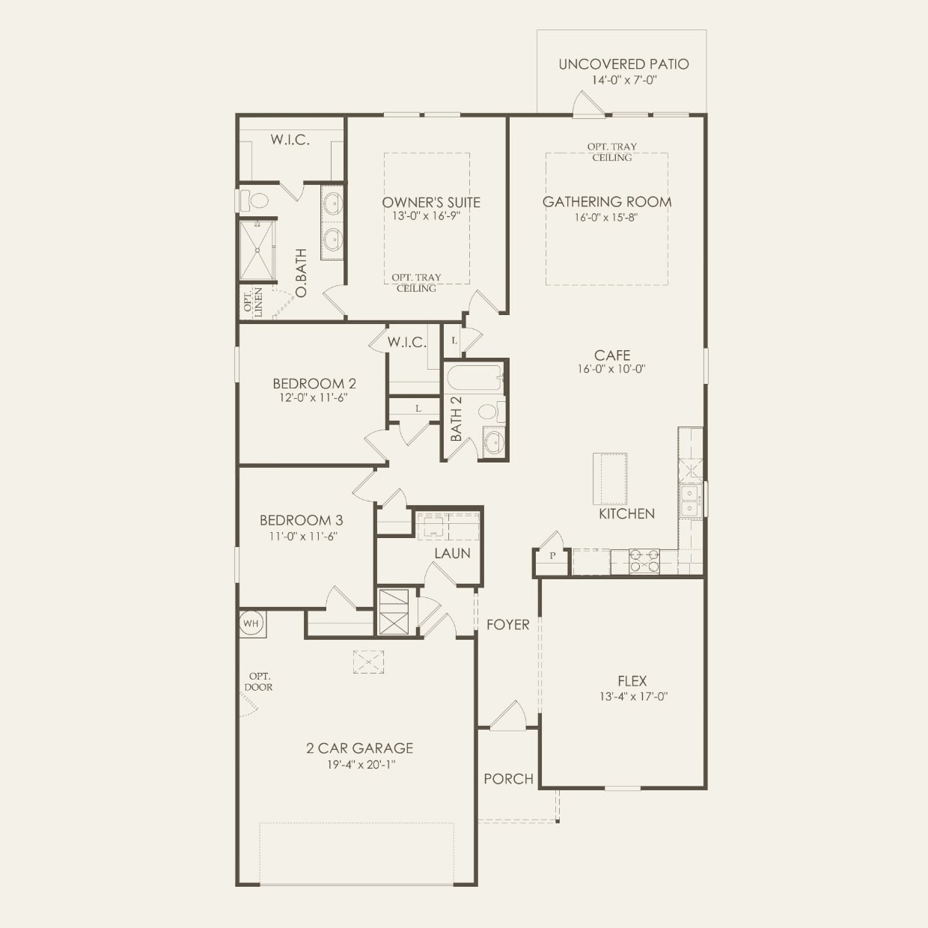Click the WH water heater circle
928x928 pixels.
[x=251, y=623]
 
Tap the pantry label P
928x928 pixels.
[x=552, y=556]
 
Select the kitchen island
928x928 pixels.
[x=610, y=478]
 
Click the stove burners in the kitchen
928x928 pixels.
[x=644, y=561]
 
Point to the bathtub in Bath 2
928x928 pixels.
[x=474, y=377]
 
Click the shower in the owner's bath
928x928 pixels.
[x=257, y=251]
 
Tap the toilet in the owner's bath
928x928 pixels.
[x=254, y=201]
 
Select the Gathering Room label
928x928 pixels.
[x=607, y=202]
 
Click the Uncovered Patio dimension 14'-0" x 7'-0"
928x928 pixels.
[x=624, y=80]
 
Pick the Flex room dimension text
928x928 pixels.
[x=633, y=696]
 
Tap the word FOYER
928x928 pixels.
[x=507, y=625]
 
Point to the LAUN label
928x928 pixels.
[x=452, y=553]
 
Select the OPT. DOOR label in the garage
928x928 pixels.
[x=259, y=682]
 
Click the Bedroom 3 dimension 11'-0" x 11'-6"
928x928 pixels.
[x=303, y=536]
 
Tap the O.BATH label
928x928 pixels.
[x=301, y=272]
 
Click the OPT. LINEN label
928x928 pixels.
[x=253, y=302]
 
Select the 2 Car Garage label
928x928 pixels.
[x=360, y=748]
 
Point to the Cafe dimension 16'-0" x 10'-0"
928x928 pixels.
[x=611, y=369]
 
